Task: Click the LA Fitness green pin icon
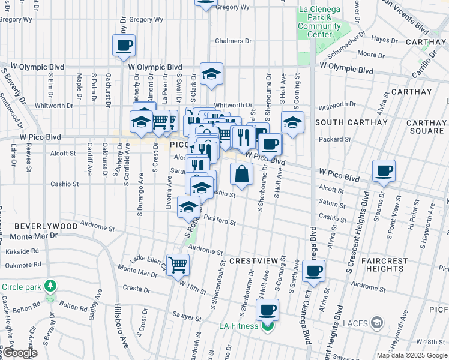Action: tap(268, 326)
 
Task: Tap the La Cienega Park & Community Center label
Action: tap(319, 22)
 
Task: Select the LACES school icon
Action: tap(376, 323)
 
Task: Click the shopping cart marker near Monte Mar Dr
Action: tap(178, 264)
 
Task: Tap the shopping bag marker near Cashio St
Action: tap(241, 174)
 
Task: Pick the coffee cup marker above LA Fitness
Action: tap(268, 310)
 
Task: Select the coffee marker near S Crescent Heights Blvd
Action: tap(384, 170)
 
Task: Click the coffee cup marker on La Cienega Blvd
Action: tap(313, 271)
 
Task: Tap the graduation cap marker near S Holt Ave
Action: tap(292, 122)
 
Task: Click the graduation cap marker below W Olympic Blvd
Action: tap(211, 73)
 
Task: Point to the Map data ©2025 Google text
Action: tap(412, 355)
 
